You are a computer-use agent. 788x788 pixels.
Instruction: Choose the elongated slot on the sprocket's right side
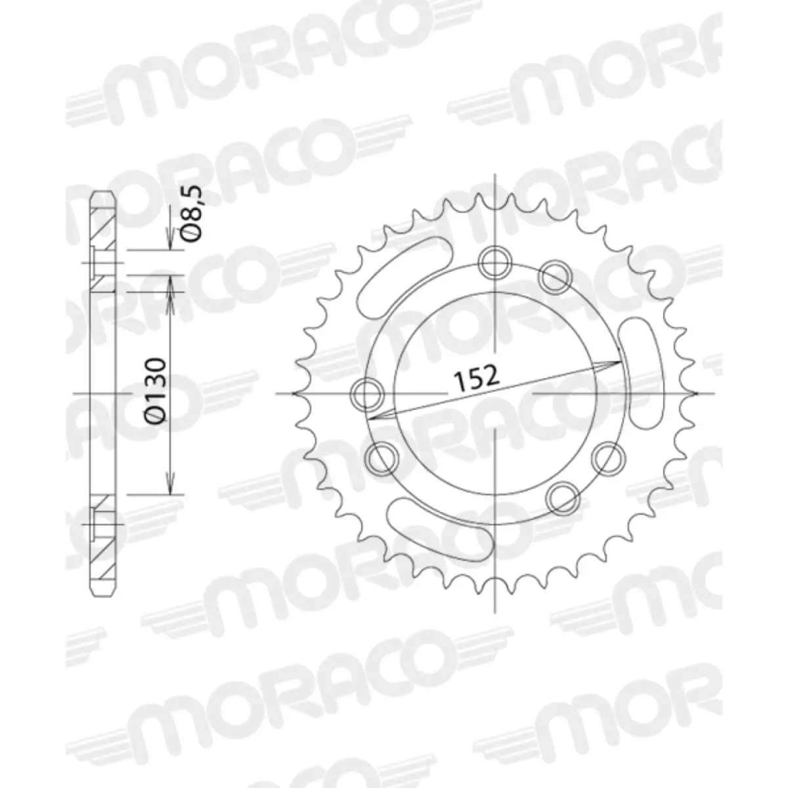click(x=641, y=371)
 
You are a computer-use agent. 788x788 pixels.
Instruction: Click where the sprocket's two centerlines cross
click(x=496, y=394)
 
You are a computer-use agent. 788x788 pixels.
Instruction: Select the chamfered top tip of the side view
click(x=103, y=195)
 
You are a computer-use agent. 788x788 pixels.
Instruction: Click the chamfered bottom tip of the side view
click(x=103, y=592)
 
